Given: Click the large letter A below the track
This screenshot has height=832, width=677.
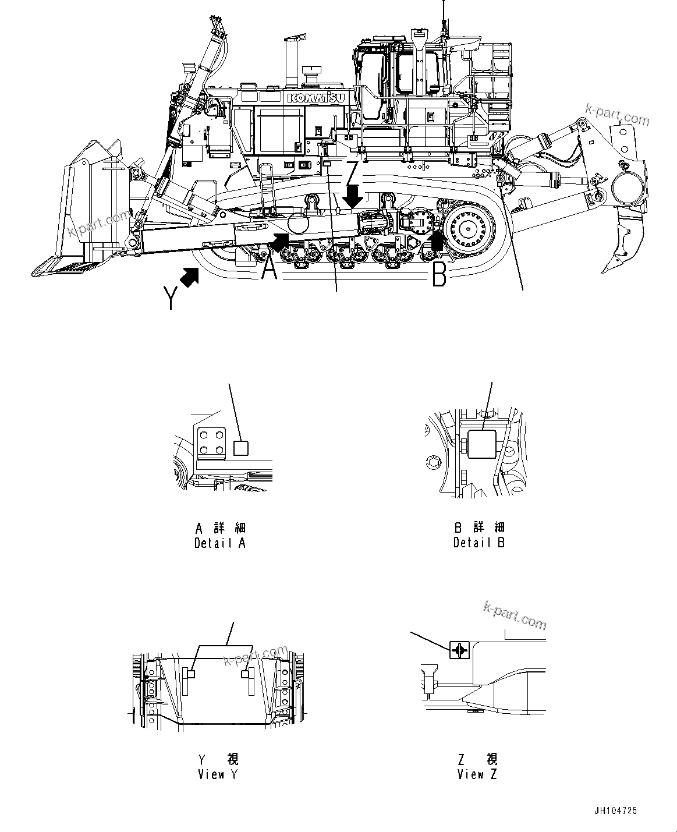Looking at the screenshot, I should click(x=268, y=270).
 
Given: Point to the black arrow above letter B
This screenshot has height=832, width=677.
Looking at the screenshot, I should click(x=436, y=239).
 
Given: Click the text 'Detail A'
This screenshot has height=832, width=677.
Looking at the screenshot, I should click(x=220, y=543).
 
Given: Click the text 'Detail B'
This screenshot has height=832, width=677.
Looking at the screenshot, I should click(x=479, y=543).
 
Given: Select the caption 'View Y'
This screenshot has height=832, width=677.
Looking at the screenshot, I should click(x=218, y=774).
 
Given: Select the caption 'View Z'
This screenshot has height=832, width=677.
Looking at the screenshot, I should click(x=478, y=774).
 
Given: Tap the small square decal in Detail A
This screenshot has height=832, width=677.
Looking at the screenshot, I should click(x=240, y=448).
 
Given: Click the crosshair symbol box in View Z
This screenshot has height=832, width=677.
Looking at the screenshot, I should click(x=459, y=650).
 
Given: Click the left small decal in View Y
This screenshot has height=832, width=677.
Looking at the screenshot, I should click(x=190, y=674).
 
